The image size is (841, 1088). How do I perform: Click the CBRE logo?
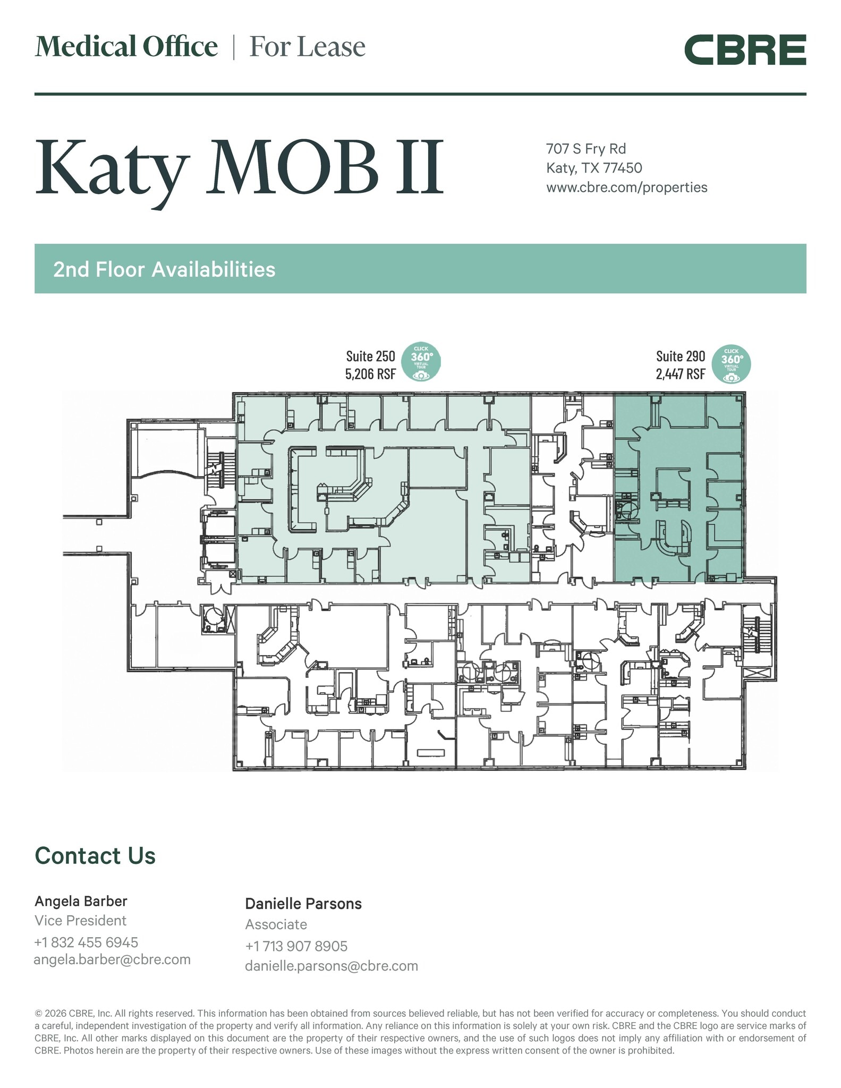point(745,50)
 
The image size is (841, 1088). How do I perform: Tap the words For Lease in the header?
point(307,47)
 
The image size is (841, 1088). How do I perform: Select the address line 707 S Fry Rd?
point(586,149)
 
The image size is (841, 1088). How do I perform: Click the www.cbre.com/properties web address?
point(626,188)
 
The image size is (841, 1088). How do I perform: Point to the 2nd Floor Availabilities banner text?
point(164,269)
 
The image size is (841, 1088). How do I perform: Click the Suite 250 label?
point(370,356)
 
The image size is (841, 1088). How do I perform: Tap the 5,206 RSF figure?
point(370,374)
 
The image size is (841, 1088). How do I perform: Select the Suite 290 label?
point(680,356)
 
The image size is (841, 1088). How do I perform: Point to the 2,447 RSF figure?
point(680,374)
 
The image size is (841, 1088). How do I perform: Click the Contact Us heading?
point(95,856)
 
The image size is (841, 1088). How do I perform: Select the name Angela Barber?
point(81,901)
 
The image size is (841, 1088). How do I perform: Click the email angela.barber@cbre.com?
point(112,959)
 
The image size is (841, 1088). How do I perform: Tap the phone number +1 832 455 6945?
point(86,942)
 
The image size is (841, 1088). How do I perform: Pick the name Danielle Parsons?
point(303,904)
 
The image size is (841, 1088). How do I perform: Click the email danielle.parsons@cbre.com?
point(331,966)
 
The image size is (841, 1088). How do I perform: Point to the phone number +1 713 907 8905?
point(296,946)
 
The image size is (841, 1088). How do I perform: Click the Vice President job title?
point(80,921)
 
